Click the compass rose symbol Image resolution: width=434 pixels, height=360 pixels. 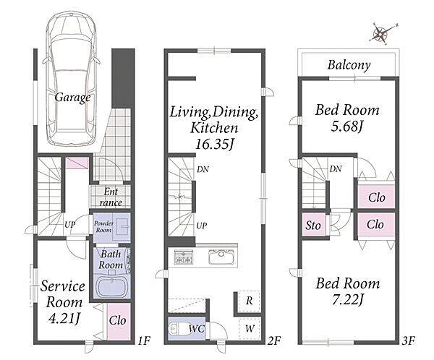(x=383, y=33)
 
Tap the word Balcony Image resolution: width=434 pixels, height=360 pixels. (x=349, y=65)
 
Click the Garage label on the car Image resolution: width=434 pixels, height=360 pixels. (x=72, y=98)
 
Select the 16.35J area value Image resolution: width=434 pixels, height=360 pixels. (x=215, y=144)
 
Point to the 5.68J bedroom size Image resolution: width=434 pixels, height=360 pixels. (x=346, y=127)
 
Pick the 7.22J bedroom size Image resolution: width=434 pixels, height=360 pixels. (x=347, y=299)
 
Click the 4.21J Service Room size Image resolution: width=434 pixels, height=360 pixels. (x=64, y=319)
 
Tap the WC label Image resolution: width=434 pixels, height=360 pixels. (x=197, y=329)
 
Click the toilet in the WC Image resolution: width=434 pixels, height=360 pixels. (x=179, y=328)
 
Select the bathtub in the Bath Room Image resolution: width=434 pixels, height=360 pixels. (x=112, y=287)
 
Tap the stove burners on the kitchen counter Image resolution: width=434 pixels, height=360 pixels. (x=183, y=256)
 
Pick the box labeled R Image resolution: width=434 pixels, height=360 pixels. (x=250, y=301)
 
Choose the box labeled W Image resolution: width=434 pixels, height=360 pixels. (x=250, y=329)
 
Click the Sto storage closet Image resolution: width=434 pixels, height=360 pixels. (x=314, y=225)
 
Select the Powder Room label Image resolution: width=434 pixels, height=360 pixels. (x=103, y=226)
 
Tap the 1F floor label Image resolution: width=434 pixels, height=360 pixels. (x=144, y=340)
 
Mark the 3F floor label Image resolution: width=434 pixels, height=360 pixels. (x=409, y=340)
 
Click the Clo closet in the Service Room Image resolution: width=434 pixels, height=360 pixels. (x=119, y=322)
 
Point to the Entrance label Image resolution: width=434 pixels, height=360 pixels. (x=111, y=197)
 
